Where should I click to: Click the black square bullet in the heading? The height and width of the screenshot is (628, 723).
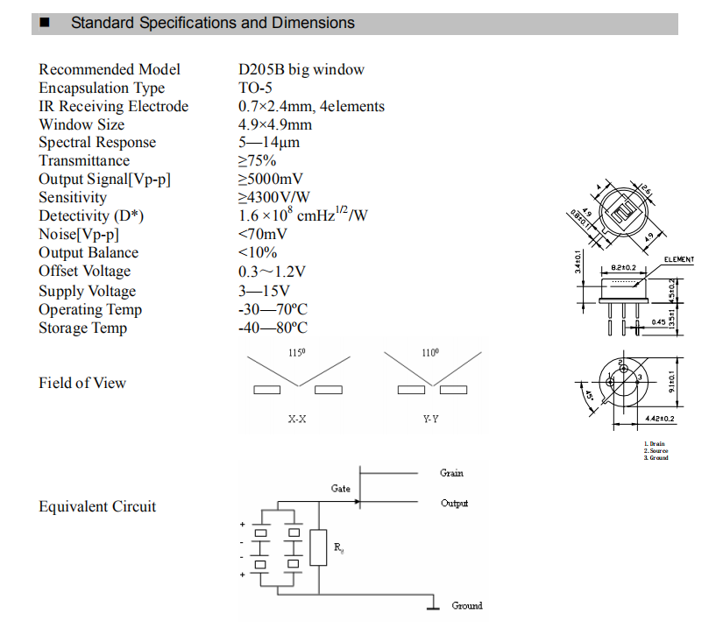tap(45, 23)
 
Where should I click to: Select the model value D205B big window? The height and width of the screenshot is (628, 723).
tap(301, 70)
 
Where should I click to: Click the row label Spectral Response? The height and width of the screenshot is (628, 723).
tap(96, 143)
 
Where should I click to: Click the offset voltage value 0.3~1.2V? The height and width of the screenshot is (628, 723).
tap(271, 272)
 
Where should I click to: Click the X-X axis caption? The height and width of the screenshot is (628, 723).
tap(297, 420)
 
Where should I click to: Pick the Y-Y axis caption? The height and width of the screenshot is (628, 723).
tap(430, 420)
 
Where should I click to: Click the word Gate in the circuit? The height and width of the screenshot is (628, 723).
tap(341, 489)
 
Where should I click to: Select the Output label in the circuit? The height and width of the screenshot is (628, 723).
tap(454, 504)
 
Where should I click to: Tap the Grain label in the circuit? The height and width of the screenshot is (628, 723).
tap(451, 473)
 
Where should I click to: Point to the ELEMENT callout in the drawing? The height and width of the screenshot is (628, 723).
tap(679, 259)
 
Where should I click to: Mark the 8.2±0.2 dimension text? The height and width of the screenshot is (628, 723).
tap(623, 267)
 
